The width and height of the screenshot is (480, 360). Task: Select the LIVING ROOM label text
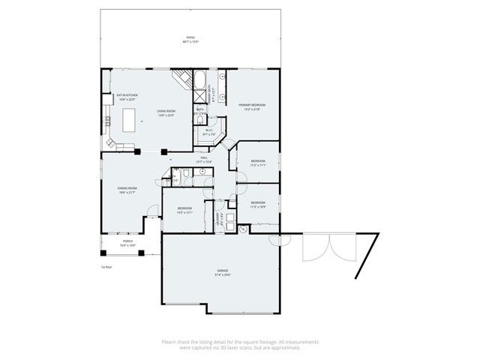[x=166, y=112]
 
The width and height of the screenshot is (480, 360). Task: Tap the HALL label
[x=204, y=159]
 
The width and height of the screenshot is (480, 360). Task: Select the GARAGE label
[x=223, y=271]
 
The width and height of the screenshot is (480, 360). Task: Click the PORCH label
[x=127, y=243]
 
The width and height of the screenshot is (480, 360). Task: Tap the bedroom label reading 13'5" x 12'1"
[x=185, y=209]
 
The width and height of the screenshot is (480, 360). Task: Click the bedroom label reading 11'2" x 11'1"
[x=258, y=163]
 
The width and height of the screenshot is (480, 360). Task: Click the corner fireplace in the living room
[x=181, y=78]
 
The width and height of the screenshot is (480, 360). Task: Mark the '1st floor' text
[x=106, y=266]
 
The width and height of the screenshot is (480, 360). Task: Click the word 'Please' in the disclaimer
[x=169, y=342]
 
